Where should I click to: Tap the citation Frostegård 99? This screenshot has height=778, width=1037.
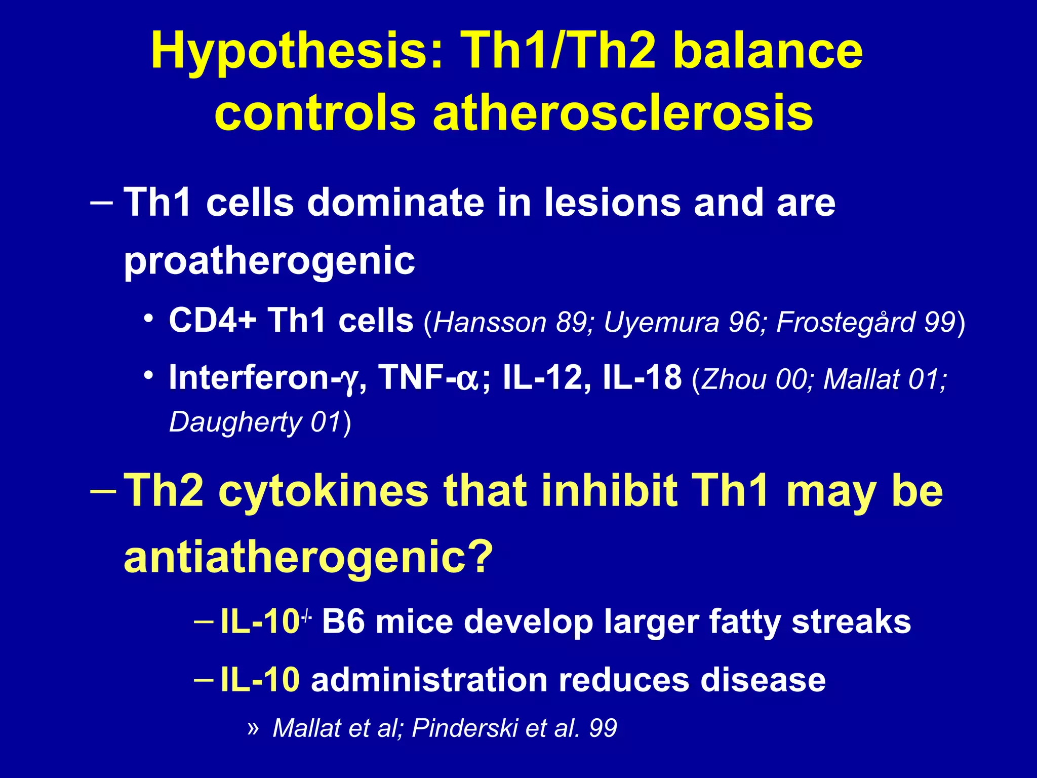866,322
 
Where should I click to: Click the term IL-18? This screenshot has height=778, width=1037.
642,378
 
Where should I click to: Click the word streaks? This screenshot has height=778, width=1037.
851,622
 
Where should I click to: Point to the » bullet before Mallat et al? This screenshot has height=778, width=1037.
253,728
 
